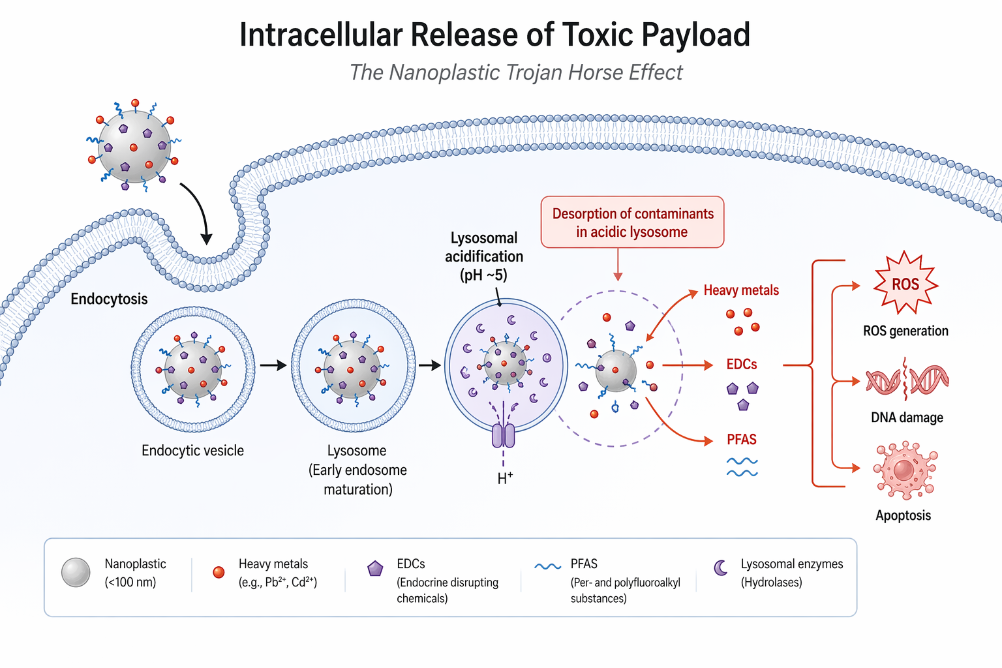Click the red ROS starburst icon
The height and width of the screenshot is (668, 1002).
905,284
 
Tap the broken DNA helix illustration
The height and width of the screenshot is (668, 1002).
907,380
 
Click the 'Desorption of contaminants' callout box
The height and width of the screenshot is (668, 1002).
632,222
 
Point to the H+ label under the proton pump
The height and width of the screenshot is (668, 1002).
505,478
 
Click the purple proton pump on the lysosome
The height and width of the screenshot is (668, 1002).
503,435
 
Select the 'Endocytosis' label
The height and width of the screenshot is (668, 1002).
109,299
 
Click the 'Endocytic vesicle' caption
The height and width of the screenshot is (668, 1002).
192,451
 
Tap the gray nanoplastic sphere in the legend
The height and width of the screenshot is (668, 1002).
76,573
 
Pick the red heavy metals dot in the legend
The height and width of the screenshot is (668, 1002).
219,572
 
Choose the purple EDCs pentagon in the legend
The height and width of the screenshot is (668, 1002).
375,569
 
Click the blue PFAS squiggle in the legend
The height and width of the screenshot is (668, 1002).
547,566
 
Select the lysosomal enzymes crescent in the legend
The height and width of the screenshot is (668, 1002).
721,568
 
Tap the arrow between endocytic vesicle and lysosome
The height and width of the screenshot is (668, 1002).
273,365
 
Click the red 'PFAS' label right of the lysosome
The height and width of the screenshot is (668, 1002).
742,440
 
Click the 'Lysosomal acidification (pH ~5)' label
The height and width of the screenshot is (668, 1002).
484,256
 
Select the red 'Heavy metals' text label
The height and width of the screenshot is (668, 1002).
741,290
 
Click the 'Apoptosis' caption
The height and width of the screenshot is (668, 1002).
903,515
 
